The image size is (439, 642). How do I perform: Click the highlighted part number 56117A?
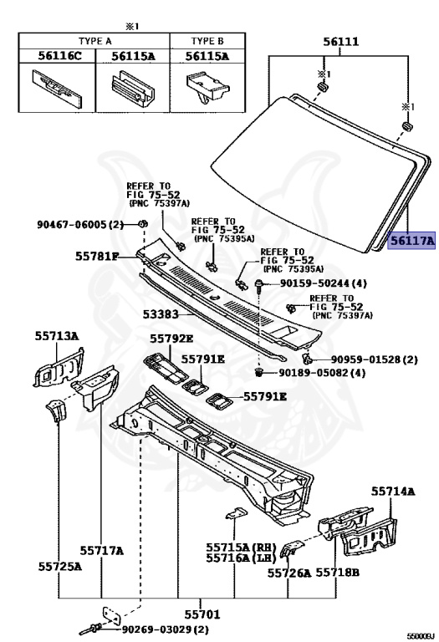point(411,241)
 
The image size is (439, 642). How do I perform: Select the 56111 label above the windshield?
point(340,41)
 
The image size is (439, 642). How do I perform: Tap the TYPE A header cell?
point(94,41)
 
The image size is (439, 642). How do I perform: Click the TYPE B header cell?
point(207,41)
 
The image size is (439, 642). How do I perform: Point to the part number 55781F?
point(97,257)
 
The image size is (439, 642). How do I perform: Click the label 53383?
point(161,314)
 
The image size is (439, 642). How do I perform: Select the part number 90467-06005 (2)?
point(80,224)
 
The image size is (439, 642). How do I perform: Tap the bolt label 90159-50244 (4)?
point(323,283)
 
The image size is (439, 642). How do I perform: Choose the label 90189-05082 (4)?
point(322,373)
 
